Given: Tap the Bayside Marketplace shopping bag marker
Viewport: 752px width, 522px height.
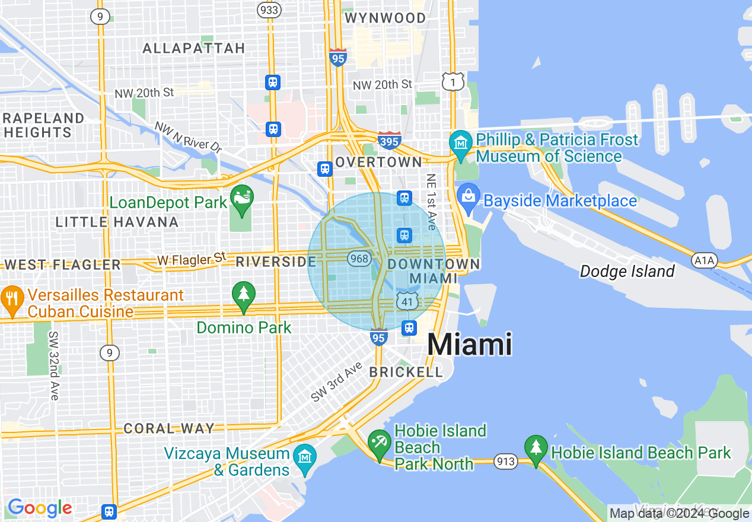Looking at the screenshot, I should [x=468, y=195].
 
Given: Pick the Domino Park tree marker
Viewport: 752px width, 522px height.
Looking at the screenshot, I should [x=243, y=294].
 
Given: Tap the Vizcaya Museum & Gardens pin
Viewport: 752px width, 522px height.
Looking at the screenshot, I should [x=305, y=457].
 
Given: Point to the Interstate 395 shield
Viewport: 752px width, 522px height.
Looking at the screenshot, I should [x=389, y=141].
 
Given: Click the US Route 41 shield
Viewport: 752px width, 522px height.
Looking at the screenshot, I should [x=407, y=301].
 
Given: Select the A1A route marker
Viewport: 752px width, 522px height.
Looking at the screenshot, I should [x=705, y=260].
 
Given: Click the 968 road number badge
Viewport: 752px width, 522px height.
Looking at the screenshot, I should [x=360, y=259].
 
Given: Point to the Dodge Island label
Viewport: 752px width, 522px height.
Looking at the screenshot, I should [x=627, y=272].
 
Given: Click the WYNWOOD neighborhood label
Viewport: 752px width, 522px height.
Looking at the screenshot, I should [x=385, y=18].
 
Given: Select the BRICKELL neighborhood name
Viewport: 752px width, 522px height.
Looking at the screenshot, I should [x=406, y=372].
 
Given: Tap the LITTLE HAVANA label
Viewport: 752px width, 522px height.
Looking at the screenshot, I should [x=117, y=222].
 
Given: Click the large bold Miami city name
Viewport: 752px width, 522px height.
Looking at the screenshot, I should [x=469, y=344].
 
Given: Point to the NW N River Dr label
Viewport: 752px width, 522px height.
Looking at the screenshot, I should [x=187, y=138].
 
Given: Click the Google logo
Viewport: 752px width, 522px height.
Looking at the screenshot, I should [x=40, y=508].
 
